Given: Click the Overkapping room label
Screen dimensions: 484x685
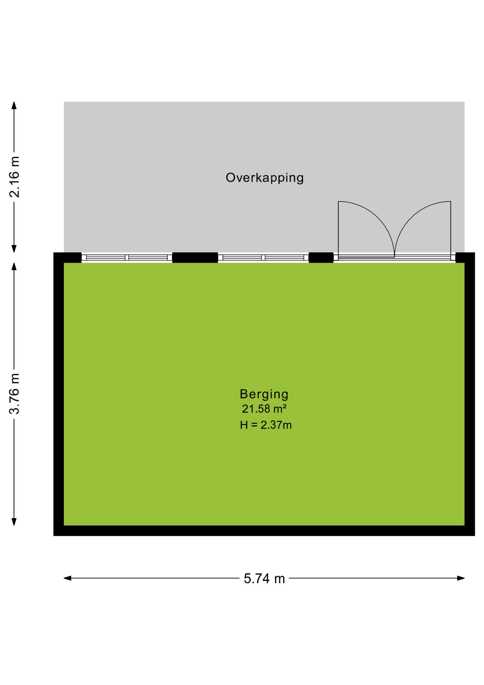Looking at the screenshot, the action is pos(264,178).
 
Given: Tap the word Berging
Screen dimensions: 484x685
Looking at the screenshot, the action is pos(264,394).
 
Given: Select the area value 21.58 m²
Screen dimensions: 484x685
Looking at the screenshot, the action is pos(264,409).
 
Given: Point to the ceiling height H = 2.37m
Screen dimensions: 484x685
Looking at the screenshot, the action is pos(266,425).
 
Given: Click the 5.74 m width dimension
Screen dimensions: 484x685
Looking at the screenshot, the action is pos(264,578).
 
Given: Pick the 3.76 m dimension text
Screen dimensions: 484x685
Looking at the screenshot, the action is pos(14,394).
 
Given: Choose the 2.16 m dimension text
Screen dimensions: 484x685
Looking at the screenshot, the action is pos(14,177).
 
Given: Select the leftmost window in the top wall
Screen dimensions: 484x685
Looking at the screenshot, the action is pos(127,258).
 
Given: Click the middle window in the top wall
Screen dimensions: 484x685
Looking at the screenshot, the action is pos(263,258).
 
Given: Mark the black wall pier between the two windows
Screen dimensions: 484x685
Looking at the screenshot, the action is pos(195,258).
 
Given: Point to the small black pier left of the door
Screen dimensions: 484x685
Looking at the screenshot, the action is pos(321,258).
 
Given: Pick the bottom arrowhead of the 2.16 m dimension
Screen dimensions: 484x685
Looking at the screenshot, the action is pos(14,249).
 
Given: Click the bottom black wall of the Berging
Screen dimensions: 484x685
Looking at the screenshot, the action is pos(264,531).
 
